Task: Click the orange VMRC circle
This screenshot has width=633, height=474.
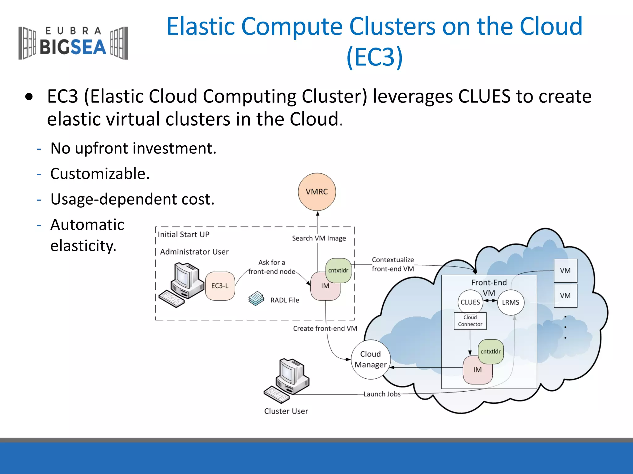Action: (x=317, y=192)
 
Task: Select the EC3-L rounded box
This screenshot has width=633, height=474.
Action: (x=220, y=286)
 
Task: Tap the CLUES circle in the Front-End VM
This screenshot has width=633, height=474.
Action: (x=470, y=302)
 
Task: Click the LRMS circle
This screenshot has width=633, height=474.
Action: (x=511, y=302)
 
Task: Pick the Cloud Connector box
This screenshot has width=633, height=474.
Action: (x=470, y=321)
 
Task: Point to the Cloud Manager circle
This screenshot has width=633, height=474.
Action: (x=371, y=359)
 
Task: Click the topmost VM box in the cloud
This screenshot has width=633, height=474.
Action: (x=565, y=271)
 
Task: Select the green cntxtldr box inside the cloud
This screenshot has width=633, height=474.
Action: (x=491, y=351)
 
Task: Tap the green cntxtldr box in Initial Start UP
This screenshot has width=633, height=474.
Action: (x=338, y=270)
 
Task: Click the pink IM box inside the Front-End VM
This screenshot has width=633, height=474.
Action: (x=477, y=370)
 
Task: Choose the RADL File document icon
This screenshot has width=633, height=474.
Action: (x=256, y=299)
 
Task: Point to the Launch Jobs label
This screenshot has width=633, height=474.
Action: (x=382, y=394)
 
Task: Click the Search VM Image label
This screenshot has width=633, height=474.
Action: (x=319, y=238)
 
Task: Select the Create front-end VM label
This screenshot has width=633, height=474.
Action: (x=325, y=328)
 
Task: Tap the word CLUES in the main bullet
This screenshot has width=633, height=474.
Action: (x=484, y=96)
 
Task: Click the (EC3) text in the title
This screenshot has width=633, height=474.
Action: (x=374, y=57)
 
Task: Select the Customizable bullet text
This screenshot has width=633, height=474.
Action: (x=100, y=174)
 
